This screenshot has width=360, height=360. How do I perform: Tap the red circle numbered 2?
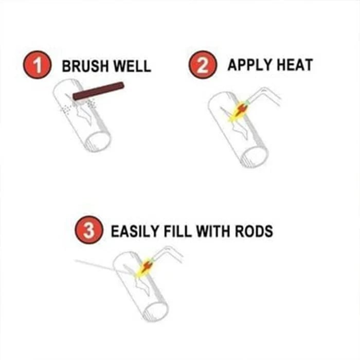point(201,67)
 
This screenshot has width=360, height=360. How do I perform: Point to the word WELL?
point(133,67)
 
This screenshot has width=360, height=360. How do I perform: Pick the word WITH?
point(220,231)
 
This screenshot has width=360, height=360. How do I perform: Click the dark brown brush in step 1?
point(98,91)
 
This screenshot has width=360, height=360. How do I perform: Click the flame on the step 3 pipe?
point(144,268)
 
